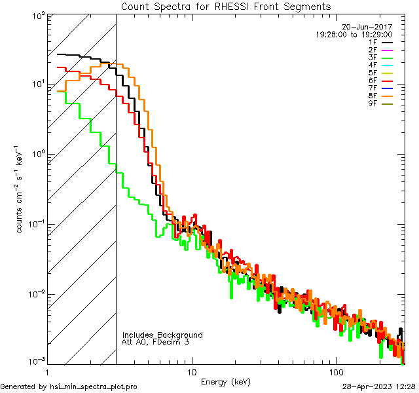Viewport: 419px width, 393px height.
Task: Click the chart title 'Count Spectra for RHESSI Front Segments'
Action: (226, 7)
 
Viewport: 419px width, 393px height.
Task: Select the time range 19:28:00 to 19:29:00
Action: (354, 34)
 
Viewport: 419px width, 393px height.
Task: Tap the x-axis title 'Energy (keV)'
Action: (225, 381)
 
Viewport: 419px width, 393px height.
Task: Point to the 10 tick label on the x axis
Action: (191, 371)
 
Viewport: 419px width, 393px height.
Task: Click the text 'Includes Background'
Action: (162, 335)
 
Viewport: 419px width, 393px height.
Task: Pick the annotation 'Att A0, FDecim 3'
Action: (156, 342)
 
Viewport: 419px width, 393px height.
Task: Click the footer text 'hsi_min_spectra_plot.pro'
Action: (94, 386)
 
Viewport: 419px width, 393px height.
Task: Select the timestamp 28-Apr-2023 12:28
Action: (378, 386)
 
